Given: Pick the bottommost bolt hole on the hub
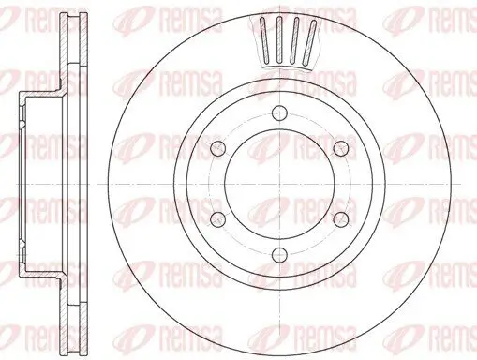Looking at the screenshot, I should click(x=279, y=254).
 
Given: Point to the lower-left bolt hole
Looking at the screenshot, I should click(x=217, y=218).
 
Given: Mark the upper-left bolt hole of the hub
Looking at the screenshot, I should click(x=217, y=147).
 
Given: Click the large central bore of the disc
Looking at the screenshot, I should click(x=279, y=184).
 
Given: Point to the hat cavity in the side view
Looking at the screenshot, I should click(x=37, y=183).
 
